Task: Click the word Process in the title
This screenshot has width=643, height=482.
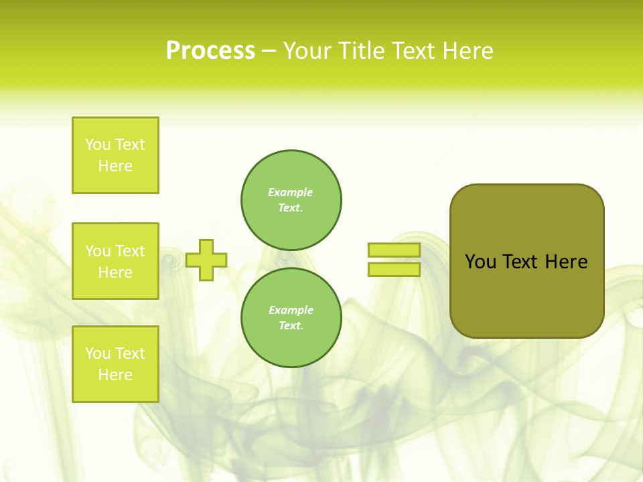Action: (210, 50)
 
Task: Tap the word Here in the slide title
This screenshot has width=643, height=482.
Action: (467, 50)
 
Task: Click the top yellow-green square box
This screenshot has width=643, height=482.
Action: (115, 155)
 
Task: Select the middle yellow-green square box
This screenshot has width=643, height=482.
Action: (115, 261)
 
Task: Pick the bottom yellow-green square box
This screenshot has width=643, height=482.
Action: (115, 364)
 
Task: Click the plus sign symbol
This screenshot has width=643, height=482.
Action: (206, 260)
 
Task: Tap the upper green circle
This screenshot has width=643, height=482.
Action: (291, 200)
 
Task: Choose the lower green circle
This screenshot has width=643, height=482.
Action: (291, 318)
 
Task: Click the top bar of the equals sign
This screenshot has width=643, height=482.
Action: (394, 250)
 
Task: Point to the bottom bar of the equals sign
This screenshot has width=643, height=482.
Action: (394, 269)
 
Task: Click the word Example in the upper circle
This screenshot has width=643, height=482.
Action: (291, 192)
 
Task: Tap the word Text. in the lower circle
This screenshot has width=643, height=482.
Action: (291, 326)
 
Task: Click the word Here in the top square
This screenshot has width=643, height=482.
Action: (115, 166)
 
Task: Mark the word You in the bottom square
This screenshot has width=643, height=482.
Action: (98, 353)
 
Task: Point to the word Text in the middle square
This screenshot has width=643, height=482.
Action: (130, 251)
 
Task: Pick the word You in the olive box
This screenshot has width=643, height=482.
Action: (480, 262)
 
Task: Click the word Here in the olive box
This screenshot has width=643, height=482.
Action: (566, 262)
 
